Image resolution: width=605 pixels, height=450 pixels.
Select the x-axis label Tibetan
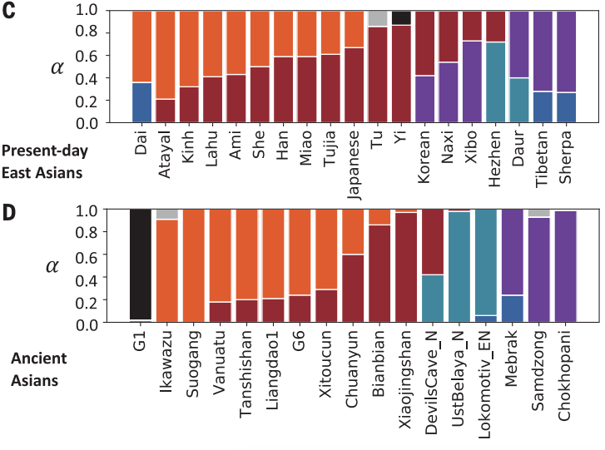[x=545, y=153]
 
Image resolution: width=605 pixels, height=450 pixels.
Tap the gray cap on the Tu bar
[x=379, y=18]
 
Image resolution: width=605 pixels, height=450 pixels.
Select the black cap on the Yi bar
[x=402, y=17]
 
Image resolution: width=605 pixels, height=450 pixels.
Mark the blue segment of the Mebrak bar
[x=513, y=309]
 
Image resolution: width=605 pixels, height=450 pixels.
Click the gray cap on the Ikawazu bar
[x=167, y=215]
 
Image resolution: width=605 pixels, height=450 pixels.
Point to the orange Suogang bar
[x=194, y=266]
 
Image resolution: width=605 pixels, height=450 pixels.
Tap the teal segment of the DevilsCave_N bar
[x=434, y=299]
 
